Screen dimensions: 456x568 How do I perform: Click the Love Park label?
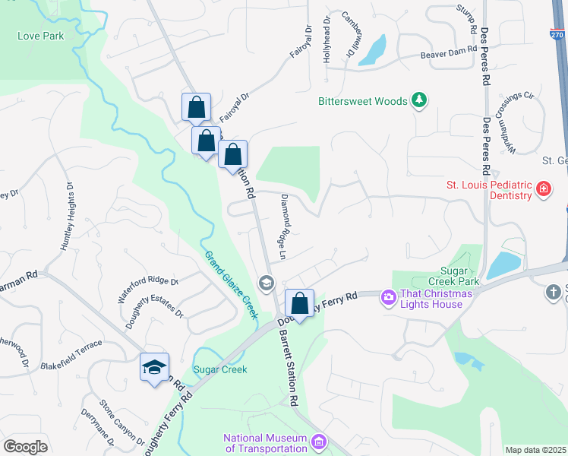(40, 36)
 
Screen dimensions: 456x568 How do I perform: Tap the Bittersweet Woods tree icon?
(418, 100)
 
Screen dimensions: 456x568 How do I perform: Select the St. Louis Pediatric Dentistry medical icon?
(543, 189)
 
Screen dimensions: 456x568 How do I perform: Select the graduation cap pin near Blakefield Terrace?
(154, 368)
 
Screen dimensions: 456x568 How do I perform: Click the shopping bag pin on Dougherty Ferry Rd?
(300, 303)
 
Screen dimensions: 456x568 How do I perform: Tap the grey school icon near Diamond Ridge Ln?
(266, 283)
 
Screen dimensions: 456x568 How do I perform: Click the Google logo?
(25, 446)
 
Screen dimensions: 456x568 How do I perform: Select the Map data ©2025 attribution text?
(536, 450)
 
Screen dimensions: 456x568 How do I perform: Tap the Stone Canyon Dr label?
(122, 423)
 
